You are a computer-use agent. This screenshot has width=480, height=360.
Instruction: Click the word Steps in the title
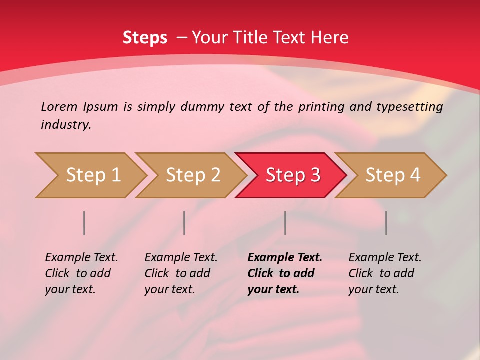tap(145, 38)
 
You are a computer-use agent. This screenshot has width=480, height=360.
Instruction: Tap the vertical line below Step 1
tap(84, 223)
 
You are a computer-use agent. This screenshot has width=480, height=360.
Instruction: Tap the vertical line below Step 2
tap(184, 223)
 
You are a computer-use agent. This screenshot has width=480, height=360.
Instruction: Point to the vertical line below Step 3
tap(285, 223)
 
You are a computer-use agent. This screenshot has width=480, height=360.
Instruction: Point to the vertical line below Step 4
tap(386, 223)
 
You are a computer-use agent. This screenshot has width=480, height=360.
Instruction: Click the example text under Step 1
tap(81, 273)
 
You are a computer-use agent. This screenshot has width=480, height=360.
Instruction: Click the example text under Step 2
tap(181, 273)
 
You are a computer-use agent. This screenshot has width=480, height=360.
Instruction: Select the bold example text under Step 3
tap(285, 273)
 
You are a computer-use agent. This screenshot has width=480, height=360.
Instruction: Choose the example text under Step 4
tap(385, 273)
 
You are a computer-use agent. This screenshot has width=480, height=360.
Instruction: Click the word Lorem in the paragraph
tap(59, 107)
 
